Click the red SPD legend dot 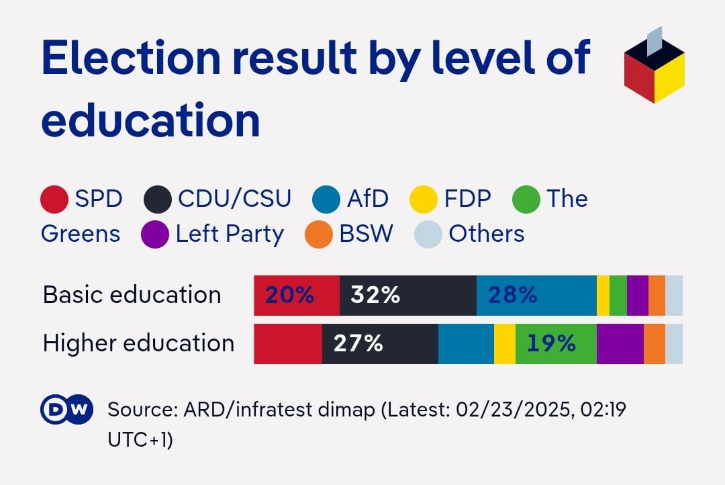(x=54, y=200)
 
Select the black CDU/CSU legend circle (x=158, y=200)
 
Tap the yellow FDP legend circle (x=424, y=200)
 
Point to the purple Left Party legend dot (x=155, y=234)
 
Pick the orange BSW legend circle (x=319, y=234)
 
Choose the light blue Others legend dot (x=428, y=234)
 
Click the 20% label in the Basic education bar (x=289, y=295)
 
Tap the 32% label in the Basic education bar (x=375, y=295)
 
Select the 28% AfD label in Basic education (x=512, y=295)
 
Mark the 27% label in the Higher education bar (x=358, y=344)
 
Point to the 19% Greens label (x=551, y=344)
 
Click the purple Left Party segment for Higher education (x=620, y=344)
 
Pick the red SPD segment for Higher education (x=288, y=344)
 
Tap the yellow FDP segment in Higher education (x=505, y=344)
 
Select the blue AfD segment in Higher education (x=466, y=344)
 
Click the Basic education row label (x=132, y=295)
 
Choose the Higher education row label (x=138, y=343)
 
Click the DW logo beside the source (x=66, y=409)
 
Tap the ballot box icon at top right (x=654, y=67)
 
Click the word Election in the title (x=131, y=58)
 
